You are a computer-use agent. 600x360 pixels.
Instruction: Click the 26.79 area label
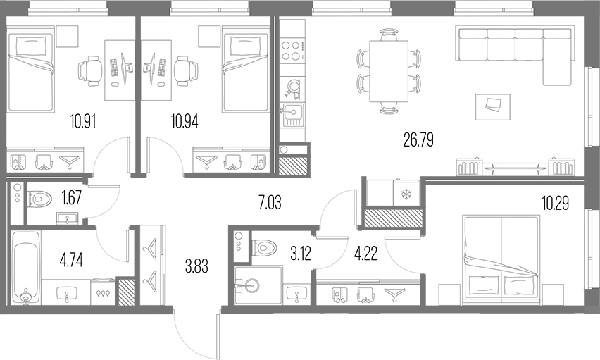click(x=418, y=139)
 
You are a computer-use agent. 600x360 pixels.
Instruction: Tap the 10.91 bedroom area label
click(x=82, y=121)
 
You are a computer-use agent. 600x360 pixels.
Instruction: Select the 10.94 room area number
click(x=185, y=121)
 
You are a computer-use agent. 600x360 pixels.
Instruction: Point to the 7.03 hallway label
click(x=270, y=202)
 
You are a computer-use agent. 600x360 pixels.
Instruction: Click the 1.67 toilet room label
click(x=71, y=198)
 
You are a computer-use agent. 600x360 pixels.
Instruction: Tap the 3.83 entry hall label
click(x=196, y=266)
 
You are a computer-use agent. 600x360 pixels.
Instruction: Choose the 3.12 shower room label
click(x=301, y=253)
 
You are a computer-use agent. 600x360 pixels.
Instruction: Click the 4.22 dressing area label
click(x=365, y=253)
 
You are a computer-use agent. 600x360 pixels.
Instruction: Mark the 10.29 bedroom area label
click(x=556, y=203)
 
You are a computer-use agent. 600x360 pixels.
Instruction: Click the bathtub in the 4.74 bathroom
click(x=25, y=267)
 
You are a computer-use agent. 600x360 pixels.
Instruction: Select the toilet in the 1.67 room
click(x=40, y=199)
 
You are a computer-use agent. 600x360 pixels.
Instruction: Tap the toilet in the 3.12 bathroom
click(x=264, y=247)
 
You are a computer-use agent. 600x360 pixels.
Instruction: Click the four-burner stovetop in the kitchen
click(x=292, y=51)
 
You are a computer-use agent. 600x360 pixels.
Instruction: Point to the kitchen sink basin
click(x=293, y=112)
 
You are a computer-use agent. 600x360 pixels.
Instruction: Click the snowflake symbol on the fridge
click(x=405, y=195)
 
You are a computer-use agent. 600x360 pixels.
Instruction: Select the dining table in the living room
click(x=389, y=71)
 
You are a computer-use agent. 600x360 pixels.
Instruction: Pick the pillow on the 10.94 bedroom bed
click(x=245, y=45)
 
